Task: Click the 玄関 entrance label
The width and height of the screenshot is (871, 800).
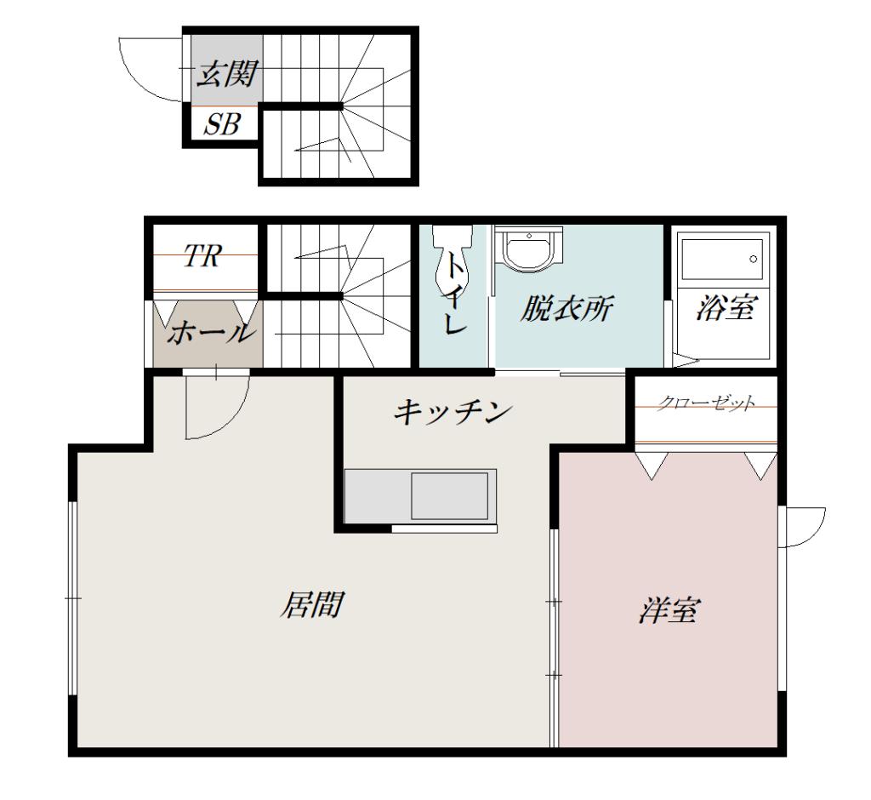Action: pyautogui.click(x=228, y=74)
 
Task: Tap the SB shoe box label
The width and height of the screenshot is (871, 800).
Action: pyautogui.click(x=222, y=124)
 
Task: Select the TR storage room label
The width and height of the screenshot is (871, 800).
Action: pyautogui.click(x=202, y=256)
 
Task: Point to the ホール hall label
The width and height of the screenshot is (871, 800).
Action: pyautogui.click(x=211, y=333)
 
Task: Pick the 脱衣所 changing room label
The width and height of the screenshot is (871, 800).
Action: pyautogui.click(x=566, y=309)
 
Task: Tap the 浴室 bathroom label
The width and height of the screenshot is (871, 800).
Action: pyautogui.click(x=726, y=307)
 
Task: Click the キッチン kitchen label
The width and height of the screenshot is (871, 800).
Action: pyautogui.click(x=453, y=413)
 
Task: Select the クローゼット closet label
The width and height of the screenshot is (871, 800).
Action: pyautogui.click(x=706, y=403)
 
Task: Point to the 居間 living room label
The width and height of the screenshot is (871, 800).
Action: pyautogui.click(x=312, y=604)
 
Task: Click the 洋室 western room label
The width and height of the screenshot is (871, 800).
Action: pyautogui.click(x=669, y=610)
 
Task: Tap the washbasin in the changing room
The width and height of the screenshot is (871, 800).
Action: pyautogui.click(x=530, y=249)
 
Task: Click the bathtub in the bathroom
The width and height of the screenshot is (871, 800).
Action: pyautogui.click(x=721, y=260)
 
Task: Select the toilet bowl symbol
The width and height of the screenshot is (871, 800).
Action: pyautogui.click(x=453, y=260)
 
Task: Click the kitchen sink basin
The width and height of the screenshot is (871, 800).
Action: pyautogui.click(x=449, y=496)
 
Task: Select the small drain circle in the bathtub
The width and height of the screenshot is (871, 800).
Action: pyautogui.click(x=754, y=259)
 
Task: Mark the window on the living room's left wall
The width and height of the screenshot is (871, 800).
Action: pyautogui.click(x=72, y=598)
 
